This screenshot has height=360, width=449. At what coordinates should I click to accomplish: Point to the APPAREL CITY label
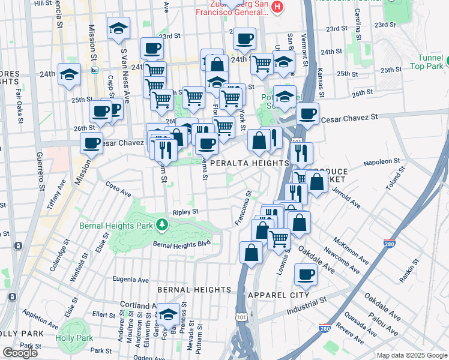278,295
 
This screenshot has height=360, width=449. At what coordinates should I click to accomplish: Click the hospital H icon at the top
277,7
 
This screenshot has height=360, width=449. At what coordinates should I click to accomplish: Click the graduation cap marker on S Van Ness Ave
118,28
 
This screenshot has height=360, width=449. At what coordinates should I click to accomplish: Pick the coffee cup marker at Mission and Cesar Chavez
92,143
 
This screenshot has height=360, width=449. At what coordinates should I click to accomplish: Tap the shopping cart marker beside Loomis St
279,238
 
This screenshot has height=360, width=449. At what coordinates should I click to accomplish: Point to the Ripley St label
185,212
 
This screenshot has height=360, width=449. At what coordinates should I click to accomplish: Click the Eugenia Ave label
131,280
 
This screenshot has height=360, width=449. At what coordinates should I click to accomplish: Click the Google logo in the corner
20,353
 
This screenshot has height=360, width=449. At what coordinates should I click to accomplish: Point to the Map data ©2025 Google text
412,355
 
